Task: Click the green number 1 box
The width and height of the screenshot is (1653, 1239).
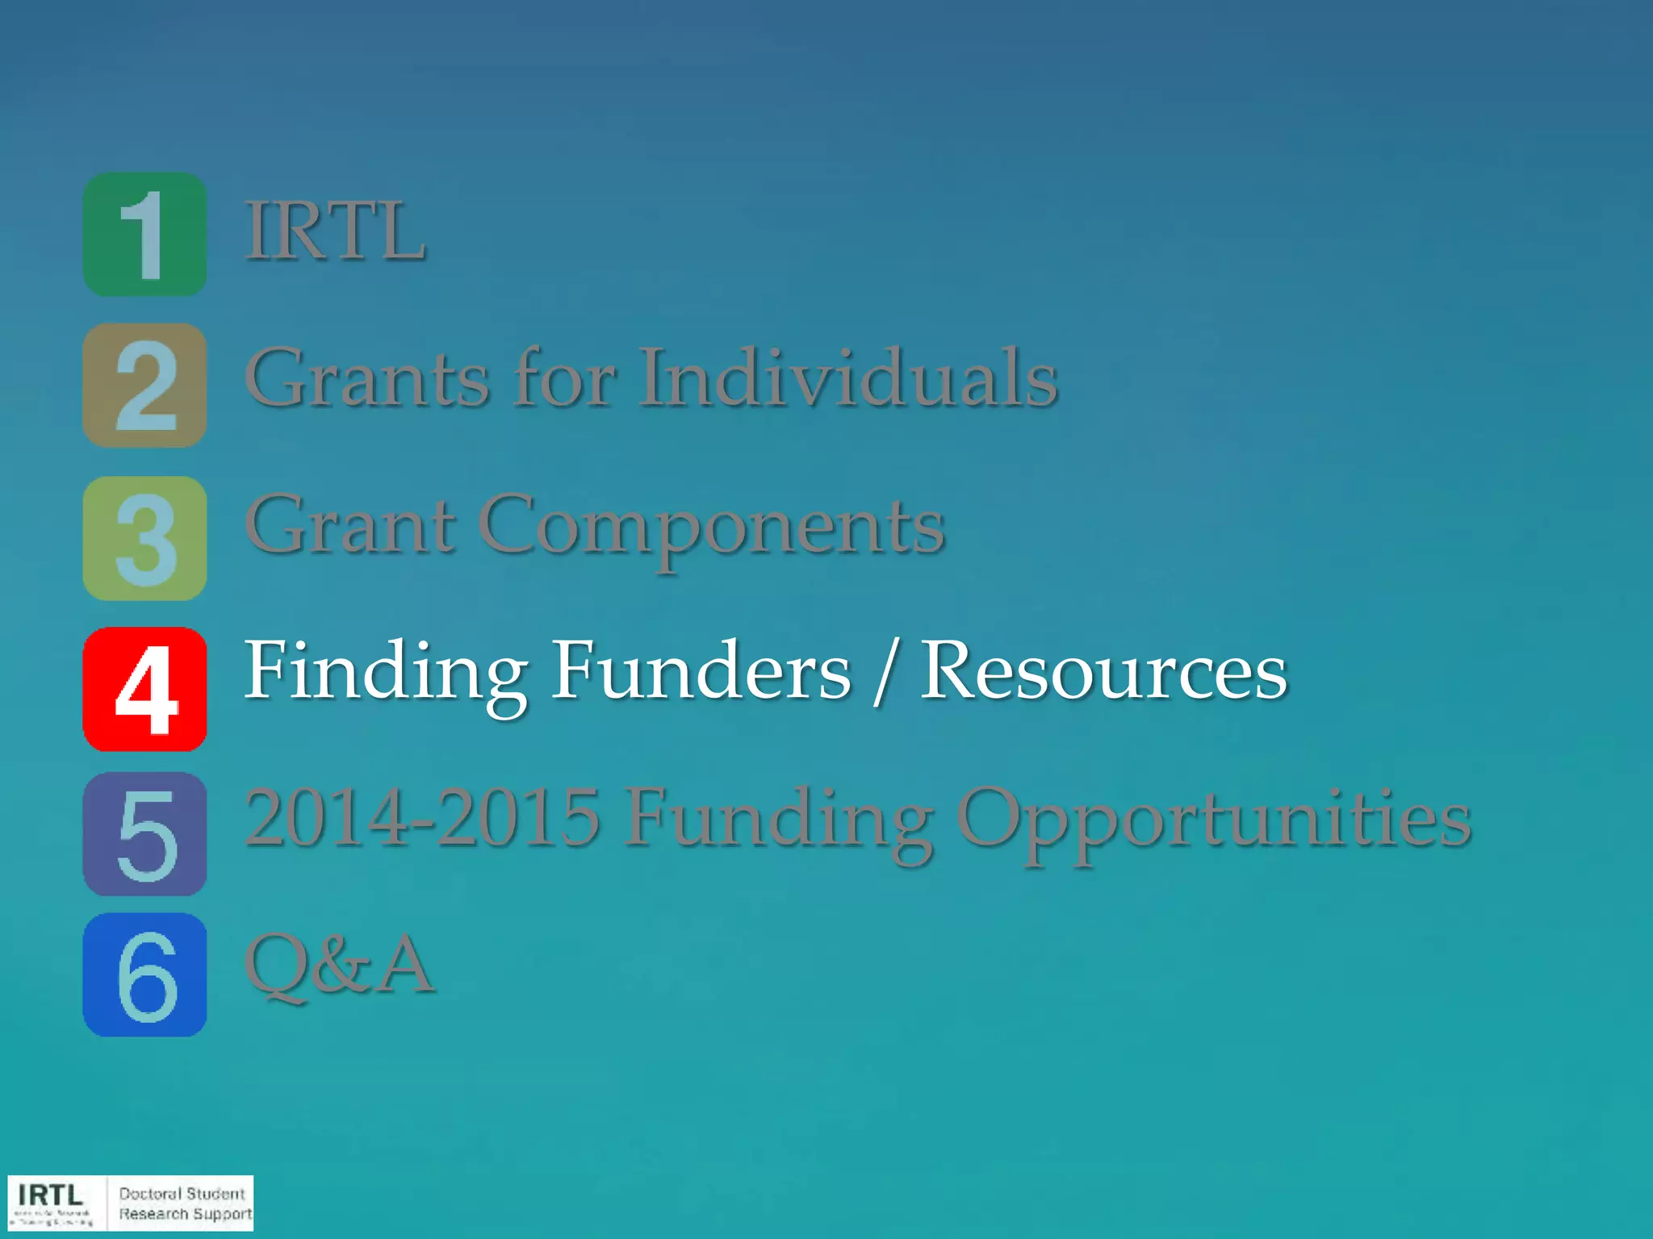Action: point(144,234)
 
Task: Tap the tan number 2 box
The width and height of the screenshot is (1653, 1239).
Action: point(144,385)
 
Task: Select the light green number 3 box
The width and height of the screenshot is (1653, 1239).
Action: point(144,538)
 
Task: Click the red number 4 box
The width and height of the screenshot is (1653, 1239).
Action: point(144,689)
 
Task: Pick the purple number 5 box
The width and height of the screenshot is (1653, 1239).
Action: point(144,833)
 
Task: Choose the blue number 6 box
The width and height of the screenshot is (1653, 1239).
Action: point(144,974)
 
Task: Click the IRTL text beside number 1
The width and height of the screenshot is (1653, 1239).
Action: point(335,232)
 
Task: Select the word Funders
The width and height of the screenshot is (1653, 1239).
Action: point(701,671)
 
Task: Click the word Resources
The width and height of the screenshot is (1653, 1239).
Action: point(1103,671)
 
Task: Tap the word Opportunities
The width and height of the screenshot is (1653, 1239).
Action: point(1214,821)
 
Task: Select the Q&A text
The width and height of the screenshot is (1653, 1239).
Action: point(339,964)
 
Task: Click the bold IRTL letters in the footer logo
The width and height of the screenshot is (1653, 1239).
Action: point(50,1195)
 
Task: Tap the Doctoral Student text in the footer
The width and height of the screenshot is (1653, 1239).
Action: point(182,1193)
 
